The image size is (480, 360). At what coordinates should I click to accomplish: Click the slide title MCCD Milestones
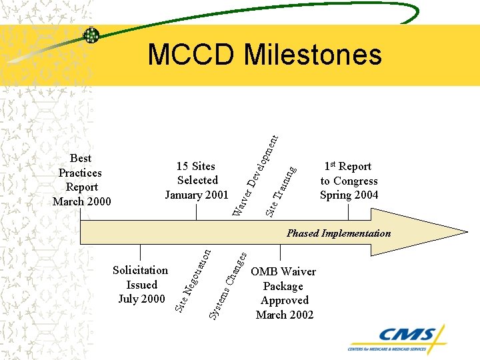tap(265, 55)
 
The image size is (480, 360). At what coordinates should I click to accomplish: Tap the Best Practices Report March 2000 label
tap(81, 180)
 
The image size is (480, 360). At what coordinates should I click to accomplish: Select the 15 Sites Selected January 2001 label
tap(197, 180)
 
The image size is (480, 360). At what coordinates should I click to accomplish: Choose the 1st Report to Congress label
tap(349, 180)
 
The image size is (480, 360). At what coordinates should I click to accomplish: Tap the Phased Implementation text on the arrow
tap(339, 233)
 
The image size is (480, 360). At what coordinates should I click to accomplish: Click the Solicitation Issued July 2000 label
tap(141, 285)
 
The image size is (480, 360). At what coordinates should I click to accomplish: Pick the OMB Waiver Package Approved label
tap(284, 293)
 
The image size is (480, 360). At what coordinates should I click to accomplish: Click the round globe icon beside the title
tap(91, 35)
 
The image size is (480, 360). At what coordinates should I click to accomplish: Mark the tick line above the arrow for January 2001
tap(197, 212)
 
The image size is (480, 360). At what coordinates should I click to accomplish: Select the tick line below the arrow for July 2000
tap(140, 253)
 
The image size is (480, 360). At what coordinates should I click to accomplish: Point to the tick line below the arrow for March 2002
tap(280, 253)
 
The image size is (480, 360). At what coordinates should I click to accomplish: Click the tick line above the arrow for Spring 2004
tap(348, 212)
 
